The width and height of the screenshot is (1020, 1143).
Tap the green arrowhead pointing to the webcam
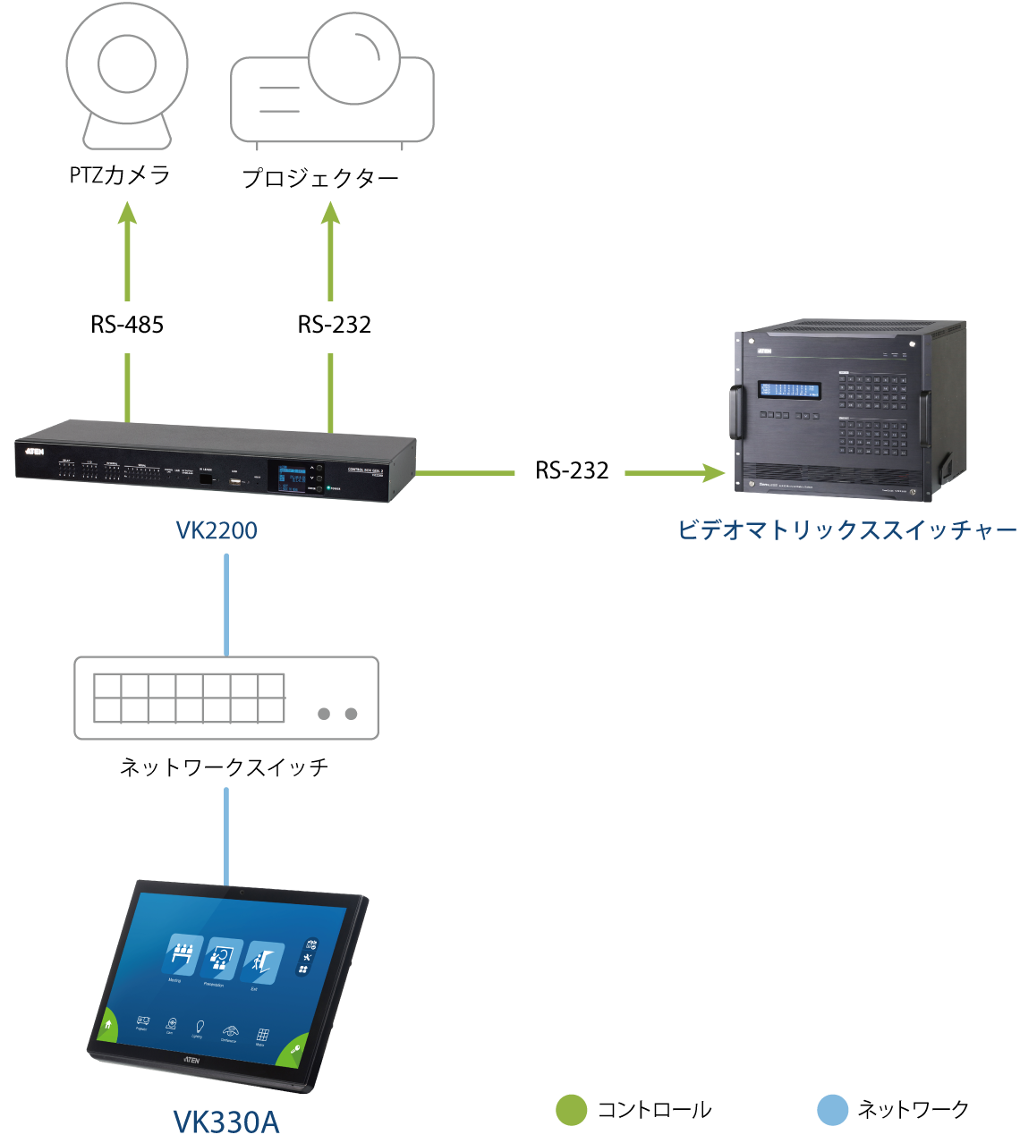pyautogui.click(x=128, y=213)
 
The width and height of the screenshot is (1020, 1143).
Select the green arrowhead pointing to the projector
pyautogui.click(x=331, y=213)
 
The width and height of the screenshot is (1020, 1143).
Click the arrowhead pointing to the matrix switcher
pyautogui.click(x=715, y=472)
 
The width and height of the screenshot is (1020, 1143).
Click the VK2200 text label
pyautogui.click(x=217, y=530)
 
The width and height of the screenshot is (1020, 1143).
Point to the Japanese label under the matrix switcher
pyautogui.click(x=846, y=529)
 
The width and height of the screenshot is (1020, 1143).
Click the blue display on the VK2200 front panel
pyautogui.click(x=290, y=478)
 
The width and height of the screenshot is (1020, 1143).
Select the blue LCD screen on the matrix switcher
pyautogui.click(x=790, y=390)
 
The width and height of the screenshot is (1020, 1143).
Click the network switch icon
pyautogui.click(x=225, y=698)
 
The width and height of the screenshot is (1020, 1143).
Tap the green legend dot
pyautogui.click(x=572, y=1109)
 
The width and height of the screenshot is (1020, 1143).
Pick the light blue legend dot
pyautogui.click(x=832, y=1109)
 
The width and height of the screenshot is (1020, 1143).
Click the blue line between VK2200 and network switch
pyautogui.click(x=226, y=604)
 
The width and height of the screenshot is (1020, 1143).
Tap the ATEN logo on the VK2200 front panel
pyautogui.click(x=36, y=451)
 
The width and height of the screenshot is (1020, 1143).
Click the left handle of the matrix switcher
pyautogui.click(x=738, y=412)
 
